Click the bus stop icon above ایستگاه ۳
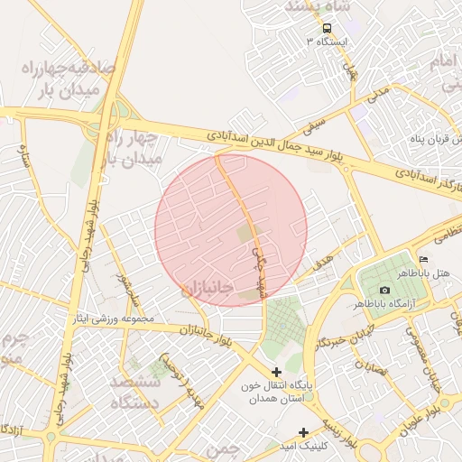point(327,28)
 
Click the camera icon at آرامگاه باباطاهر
point(385,290)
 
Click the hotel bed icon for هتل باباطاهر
point(424,260)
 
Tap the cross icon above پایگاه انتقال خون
point(276,372)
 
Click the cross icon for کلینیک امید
point(304,432)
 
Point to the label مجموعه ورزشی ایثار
point(116,319)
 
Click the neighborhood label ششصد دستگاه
point(134,392)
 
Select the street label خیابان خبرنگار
point(337,336)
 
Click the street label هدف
point(323,262)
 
